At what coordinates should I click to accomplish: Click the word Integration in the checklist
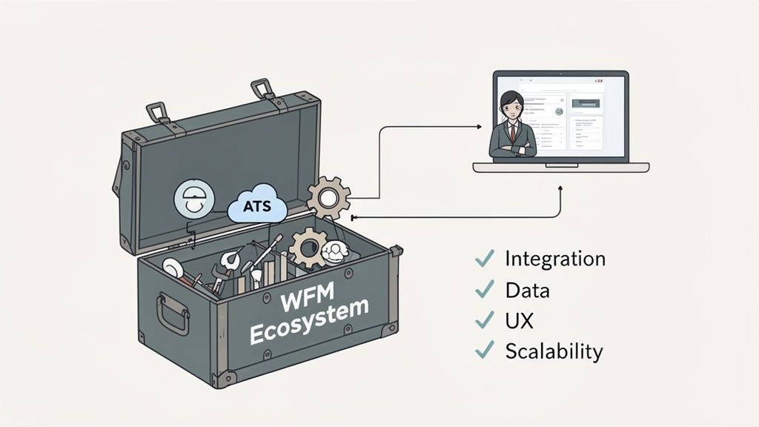click(554, 259)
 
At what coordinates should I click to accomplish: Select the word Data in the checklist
click(527, 290)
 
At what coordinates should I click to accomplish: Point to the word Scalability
click(554, 351)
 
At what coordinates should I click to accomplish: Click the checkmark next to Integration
click(484, 259)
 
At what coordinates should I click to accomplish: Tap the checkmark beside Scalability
click(484, 349)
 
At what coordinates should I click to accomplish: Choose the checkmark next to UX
click(484, 319)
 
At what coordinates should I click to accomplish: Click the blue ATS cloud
click(256, 205)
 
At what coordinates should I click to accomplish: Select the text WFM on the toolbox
click(302, 301)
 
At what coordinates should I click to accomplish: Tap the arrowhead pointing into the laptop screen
click(480, 127)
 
